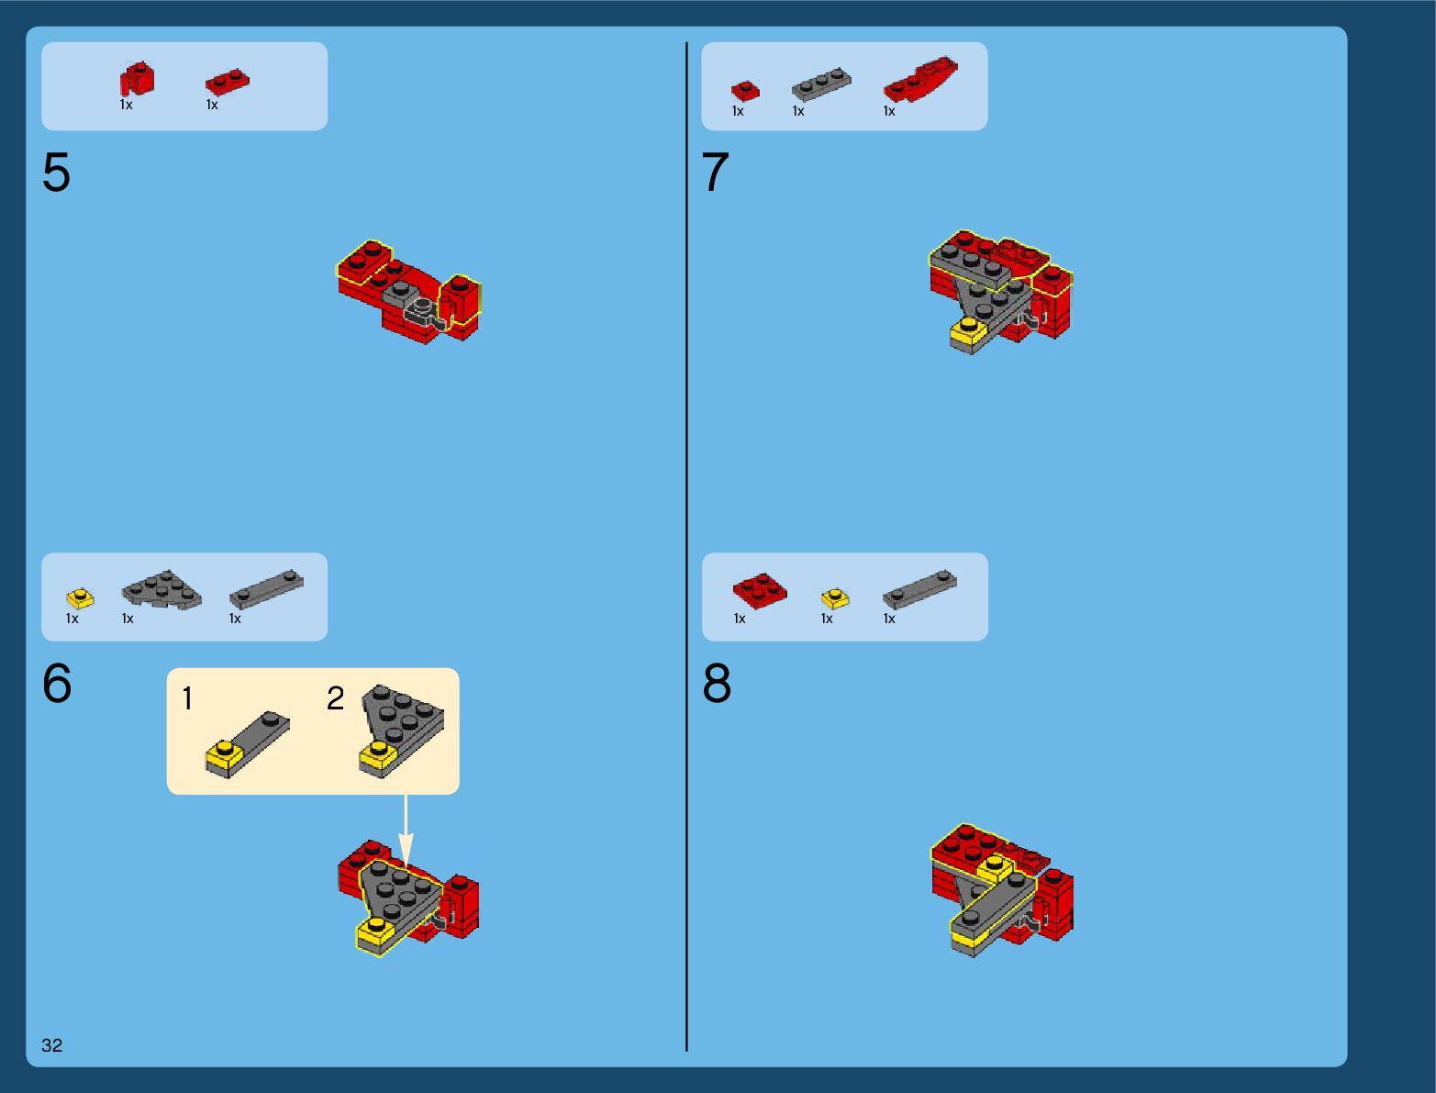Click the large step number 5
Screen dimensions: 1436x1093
pyautogui.click(x=56, y=172)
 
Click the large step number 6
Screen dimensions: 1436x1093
pyautogui.click(x=57, y=683)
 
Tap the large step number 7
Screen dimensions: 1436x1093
pyautogui.click(x=715, y=172)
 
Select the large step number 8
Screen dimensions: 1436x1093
pyautogui.click(x=717, y=683)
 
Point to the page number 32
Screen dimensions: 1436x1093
pyautogui.click(x=52, y=1045)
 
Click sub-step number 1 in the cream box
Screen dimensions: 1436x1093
pyautogui.click(x=188, y=698)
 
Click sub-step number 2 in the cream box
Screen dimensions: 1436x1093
pyautogui.click(x=336, y=698)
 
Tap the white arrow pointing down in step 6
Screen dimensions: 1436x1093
pyautogui.click(x=406, y=831)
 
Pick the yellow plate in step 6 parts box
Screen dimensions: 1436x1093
pyautogui.click(x=81, y=598)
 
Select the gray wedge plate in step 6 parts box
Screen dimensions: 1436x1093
pyautogui.click(x=161, y=590)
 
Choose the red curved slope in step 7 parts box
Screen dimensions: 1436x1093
pyautogui.click(x=920, y=79)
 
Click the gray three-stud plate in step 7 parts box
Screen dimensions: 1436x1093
pyautogui.click(x=822, y=84)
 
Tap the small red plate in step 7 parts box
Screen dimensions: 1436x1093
pyautogui.click(x=745, y=90)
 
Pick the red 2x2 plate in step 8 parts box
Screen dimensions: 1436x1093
pyautogui.click(x=760, y=590)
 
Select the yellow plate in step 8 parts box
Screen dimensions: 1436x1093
pyautogui.click(x=835, y=598)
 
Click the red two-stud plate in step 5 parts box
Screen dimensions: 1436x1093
pyautogui.click(x=227, y=83)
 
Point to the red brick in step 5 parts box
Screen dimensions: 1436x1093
pyautogui.click(x=138, y=79)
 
